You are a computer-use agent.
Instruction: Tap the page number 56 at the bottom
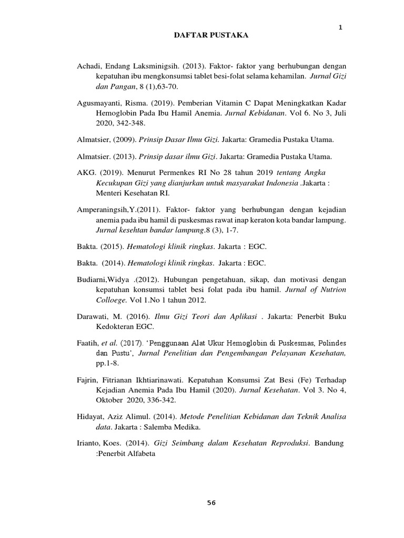211,502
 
